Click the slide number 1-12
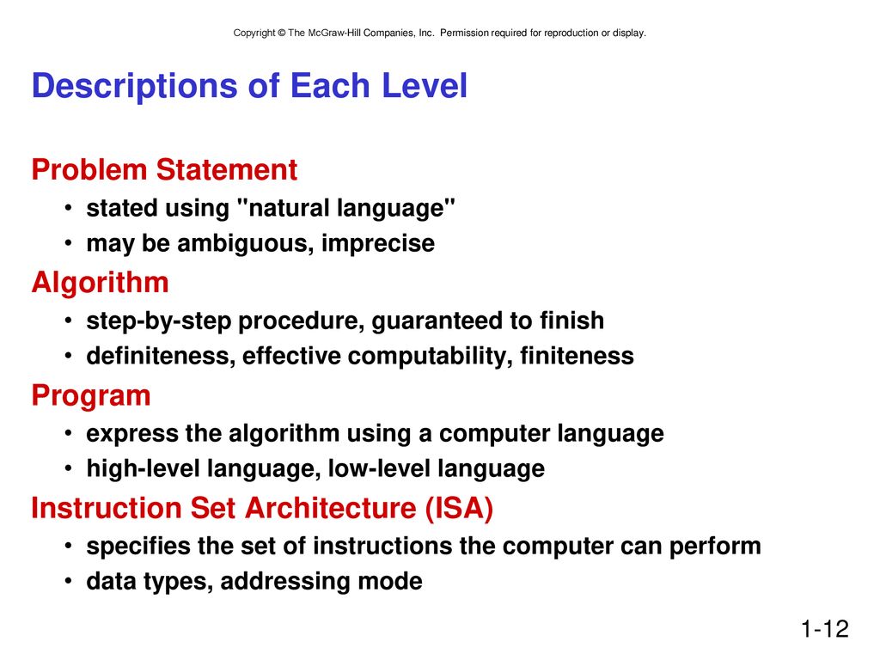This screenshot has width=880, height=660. pyautogui.click(x=824, y=628)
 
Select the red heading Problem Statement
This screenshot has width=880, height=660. pyautogui.click(x=164, y=169)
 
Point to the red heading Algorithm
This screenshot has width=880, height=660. pyautogui.click(x=101, y=282)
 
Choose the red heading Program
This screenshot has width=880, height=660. pyautogui.click(x=91, y=396)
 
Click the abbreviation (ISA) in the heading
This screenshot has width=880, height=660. pyautogui.click(x=459, y=509)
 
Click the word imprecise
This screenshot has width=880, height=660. pyautogui.click(x=378, y=244)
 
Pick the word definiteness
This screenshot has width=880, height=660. pyautogui.click(x=161, y=357)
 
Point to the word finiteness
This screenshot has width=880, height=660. pyautogui.click(x=577, y=357)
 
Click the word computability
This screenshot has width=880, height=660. pyautogui.click(x=430, y=357)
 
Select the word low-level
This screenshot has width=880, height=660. pyautogui.click(x=379, y=468)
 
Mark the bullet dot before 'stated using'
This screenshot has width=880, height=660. pyautogui.click(x=68, y=208)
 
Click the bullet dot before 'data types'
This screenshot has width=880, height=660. pyautogui.click(x=68, y=580)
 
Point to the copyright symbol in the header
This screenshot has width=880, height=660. pyautogui.click(x=282, y=34)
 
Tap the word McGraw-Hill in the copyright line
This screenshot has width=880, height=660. pyautogui.click(x=334, y=34)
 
